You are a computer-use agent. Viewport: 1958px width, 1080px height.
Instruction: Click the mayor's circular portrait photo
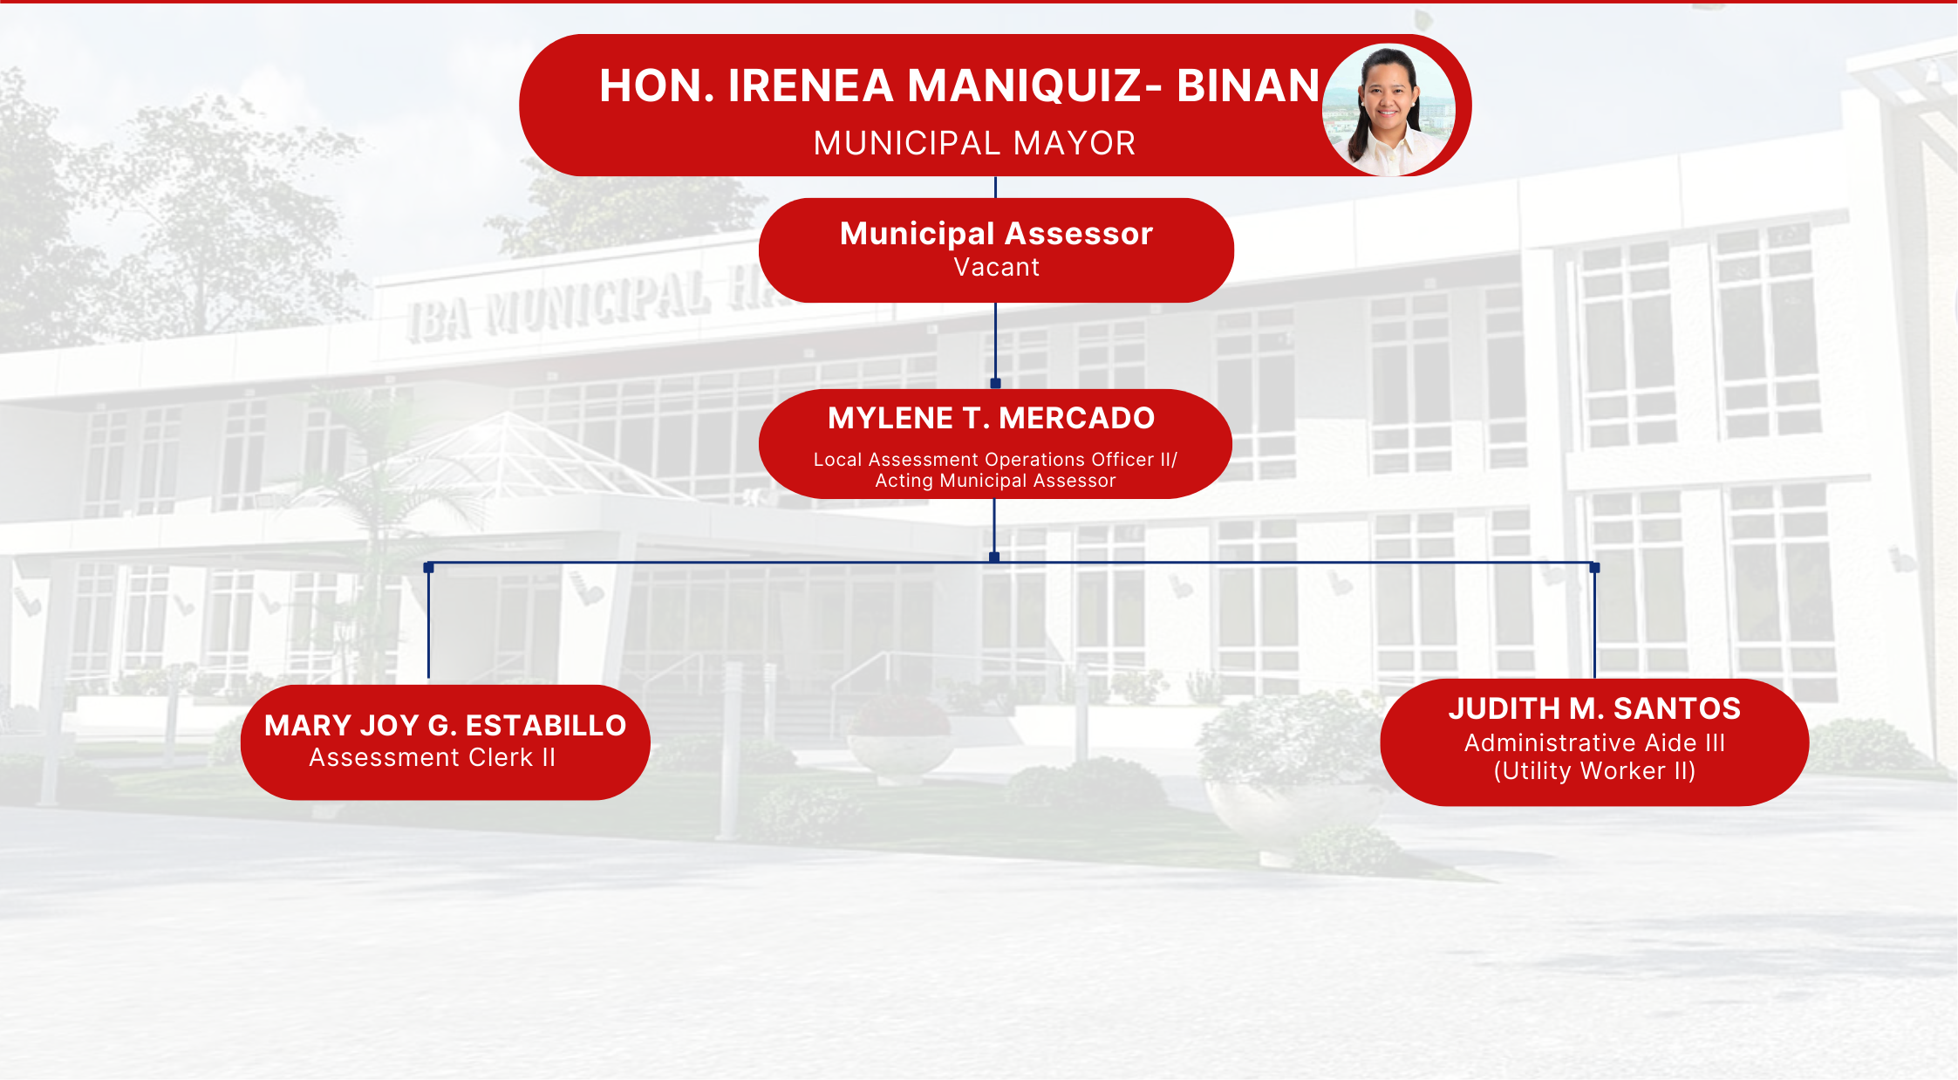click(1388, 110)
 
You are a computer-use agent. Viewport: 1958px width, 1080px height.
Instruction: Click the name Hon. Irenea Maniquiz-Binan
click(959, 85)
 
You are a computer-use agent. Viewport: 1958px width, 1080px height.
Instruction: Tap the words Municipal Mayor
click(974, 143)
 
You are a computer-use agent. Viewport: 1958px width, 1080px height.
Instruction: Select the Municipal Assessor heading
click(996, 234)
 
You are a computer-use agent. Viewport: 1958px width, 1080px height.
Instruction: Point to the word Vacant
click(996, 267)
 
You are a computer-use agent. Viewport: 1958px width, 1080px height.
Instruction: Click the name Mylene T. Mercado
click(991, 419)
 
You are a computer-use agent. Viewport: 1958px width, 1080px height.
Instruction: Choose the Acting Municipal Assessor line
click(995, 481)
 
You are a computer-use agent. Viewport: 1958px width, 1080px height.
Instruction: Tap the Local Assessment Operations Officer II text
click(993, 460)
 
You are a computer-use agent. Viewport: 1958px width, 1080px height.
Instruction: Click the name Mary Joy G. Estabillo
click(445, 726)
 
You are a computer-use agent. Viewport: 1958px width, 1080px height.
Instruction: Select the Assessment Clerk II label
click(432, 757)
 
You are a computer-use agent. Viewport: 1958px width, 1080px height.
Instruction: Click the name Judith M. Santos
click(1594, 708)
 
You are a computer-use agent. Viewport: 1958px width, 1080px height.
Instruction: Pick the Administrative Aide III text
click(1594, 743)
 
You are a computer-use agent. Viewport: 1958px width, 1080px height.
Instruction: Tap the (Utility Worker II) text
click(1594, 771)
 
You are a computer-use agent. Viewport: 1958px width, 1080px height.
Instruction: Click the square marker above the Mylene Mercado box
click(995, 383)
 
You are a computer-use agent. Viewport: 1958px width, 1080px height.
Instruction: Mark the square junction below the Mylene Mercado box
click(994, 557)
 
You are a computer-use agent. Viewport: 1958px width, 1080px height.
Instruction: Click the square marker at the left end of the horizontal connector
click(428, 568)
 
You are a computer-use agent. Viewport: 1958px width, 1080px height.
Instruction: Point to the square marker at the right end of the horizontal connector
click(1594, 568)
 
